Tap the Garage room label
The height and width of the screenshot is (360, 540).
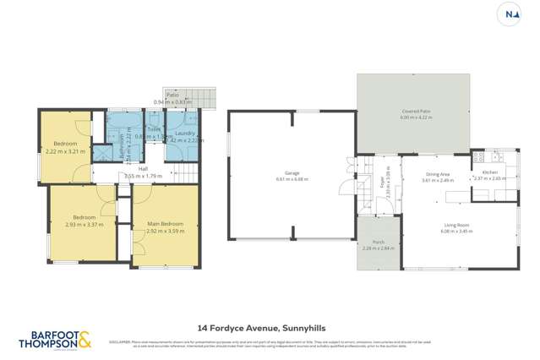(292, 175)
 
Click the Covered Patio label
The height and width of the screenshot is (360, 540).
(416, 114)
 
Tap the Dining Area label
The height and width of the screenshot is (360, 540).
(437, 174)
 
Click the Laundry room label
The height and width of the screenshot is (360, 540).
(184, 134)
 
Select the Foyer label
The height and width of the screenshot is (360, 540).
(382, 178)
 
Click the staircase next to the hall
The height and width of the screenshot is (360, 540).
(186, 175)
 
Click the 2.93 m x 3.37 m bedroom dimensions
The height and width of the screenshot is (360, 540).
(84, 225)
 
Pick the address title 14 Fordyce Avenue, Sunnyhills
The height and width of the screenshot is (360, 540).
(269, 327)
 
